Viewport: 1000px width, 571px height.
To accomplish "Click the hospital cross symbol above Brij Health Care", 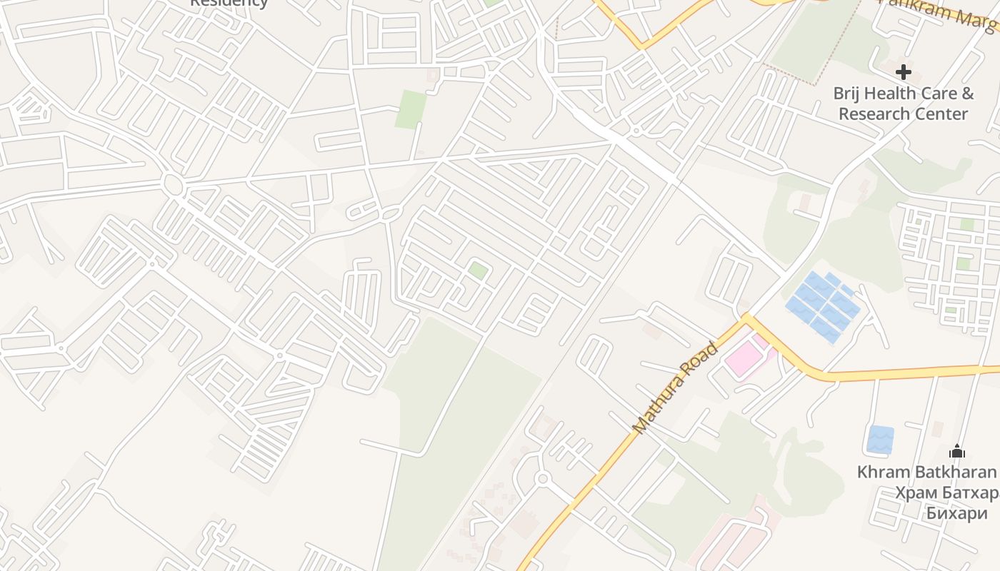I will [x=904, y=71].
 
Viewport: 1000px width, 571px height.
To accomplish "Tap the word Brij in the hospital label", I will [x=849, y=94].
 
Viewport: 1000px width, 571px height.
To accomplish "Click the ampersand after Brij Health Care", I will [x=967, y=94].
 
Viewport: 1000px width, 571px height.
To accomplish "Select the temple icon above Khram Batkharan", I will [x=957, y=451].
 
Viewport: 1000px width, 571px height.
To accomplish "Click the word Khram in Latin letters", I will [x=883, y=472].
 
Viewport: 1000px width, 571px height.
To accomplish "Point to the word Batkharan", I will [x=954, y=472].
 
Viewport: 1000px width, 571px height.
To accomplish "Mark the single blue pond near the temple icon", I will [x=880, y=439].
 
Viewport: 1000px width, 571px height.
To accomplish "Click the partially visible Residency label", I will [x=229, y=3].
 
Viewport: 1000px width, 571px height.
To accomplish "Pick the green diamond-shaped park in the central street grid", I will [x=478, y=271].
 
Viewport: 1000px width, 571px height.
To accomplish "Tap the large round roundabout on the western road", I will [x=173, y=184].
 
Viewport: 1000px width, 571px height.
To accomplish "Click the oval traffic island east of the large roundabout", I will [x=391, y=213].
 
